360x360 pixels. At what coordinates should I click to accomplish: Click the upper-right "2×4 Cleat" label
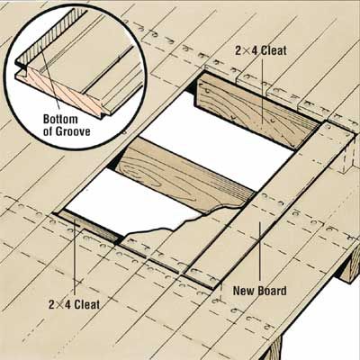[x=261, y=50]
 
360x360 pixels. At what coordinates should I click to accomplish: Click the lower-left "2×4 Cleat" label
[x=75, y=305]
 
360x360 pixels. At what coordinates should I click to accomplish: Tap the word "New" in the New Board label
[x=243, y=291]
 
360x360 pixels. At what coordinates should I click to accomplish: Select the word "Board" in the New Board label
[x=271, y=291]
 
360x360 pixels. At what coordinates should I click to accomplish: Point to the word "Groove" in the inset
[x=70, y=131]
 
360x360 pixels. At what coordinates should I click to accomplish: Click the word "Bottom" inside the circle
[x=60, y=119]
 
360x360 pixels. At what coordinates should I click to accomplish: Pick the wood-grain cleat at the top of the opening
[x=257, y=112]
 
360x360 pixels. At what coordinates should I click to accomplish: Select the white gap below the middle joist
[x=132, y=204]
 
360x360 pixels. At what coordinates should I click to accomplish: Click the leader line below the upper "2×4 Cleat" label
[x=263, y=92]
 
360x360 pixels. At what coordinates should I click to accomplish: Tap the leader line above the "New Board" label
[x=260, y=254]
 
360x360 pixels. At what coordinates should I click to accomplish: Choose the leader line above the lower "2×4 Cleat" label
[x=75, y=258]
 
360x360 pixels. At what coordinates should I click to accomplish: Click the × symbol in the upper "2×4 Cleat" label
[x=251, y=51]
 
